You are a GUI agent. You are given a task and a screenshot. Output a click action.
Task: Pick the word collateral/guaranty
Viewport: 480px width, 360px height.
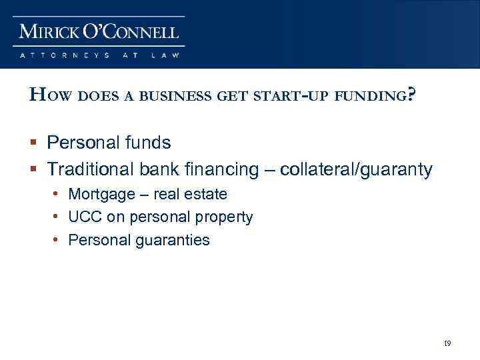357,170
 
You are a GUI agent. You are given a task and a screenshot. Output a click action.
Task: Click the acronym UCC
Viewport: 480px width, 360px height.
84,217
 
